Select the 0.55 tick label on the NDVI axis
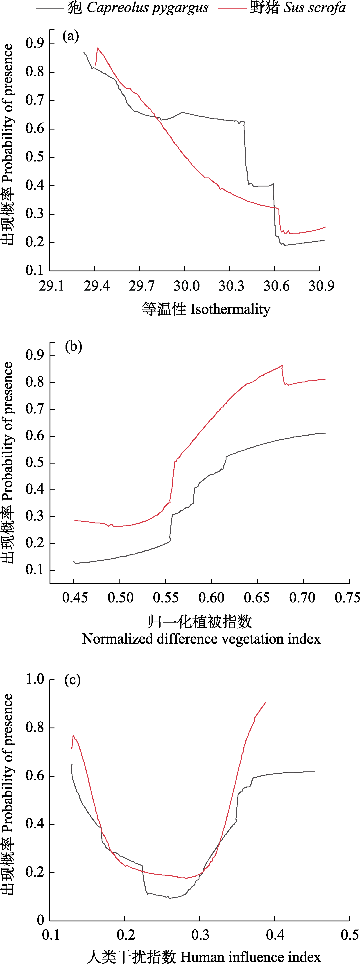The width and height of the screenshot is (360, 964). point(166,598)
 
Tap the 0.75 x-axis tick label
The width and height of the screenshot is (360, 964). point(347,598)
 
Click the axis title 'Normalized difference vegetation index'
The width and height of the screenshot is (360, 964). point(201,639)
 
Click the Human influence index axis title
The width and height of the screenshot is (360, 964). point(204,957)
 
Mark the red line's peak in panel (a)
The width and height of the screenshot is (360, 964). point(98,48)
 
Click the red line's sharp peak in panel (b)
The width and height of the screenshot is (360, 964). point(282,365)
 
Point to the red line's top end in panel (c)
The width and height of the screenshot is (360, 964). point(265,703)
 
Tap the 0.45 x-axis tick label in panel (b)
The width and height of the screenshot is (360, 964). point(75,598)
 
